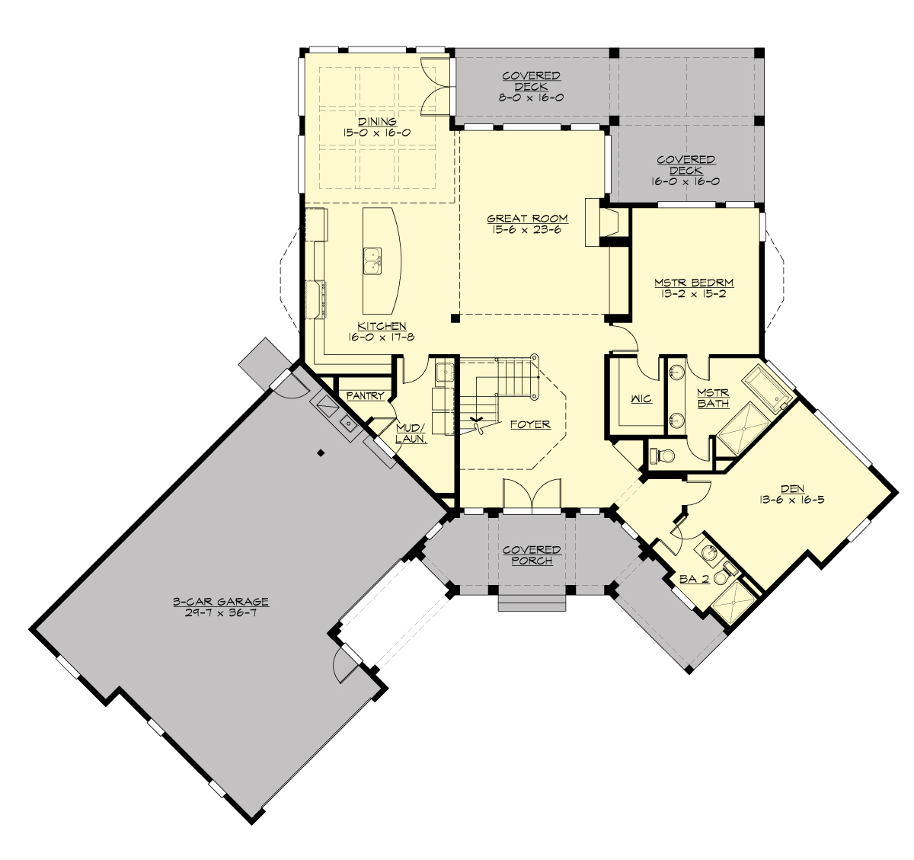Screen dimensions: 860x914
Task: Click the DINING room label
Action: click(x=378, y=121)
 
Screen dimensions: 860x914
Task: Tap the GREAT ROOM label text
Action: click(x=528, y=219)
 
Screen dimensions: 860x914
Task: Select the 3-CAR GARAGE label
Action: click(x=220, y=602)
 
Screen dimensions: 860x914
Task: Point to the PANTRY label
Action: click(x=365, y=396)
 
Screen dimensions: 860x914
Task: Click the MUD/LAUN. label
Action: click(x=411, y=433)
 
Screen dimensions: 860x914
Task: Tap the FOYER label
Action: click(x=530, y=424)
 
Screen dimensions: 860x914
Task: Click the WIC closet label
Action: click(x=641, y=399)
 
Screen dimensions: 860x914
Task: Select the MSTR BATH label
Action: click(x=713, y=398)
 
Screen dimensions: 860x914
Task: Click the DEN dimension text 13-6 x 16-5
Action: click(x=792, y=500)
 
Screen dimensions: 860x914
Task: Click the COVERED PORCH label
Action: click(x=532, y=555)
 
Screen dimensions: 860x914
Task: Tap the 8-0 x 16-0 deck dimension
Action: click(x=532, y=98)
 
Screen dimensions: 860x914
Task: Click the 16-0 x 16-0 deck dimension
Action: click(x=685, y=182)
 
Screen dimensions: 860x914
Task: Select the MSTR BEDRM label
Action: click(x=694, y=283)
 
